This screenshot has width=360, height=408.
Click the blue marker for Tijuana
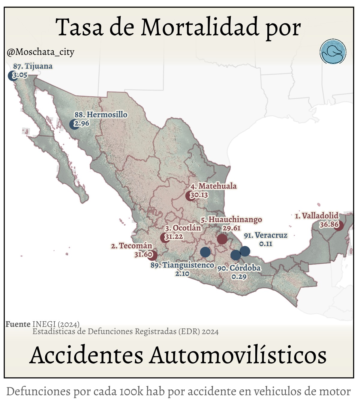pyautogui.click(x=13, y=76)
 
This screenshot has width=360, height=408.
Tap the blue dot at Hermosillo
pyautogui.click(x=74, y=124)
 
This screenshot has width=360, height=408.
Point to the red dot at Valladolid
pyautogui.click(x=339, y=225)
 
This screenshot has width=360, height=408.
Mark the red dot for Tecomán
pyautogui.click(x=152, y=255)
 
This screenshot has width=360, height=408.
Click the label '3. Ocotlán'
pyautogui.click(x=183, y=228)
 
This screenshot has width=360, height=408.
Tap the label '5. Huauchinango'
pyautogui.click(x=231, y=220)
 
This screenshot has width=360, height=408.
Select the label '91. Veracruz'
pyautogui.click(x=265, y=235)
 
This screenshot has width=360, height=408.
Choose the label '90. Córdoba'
pyautogui.click(x=239, y=268)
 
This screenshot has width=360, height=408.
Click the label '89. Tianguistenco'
pyautogui.click(x=182, y=265)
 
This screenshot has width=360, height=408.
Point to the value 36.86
pyautogui.click(x=329, y=224)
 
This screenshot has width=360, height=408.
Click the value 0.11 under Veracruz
pyautogui.click(x=266, y=244)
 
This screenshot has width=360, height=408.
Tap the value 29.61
pyautogui.click(x=231, y=228)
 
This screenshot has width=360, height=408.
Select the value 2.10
pyautogui.click(x=182, y=274)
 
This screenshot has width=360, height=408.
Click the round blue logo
pyautogui.click(x=333, y=52)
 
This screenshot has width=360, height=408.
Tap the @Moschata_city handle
pyautogui.click(x=40, y=52)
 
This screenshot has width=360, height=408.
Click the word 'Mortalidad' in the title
pyautogui.click(x=200, y=27)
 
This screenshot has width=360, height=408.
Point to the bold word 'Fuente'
pyautogui.click(x=18, y=324)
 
